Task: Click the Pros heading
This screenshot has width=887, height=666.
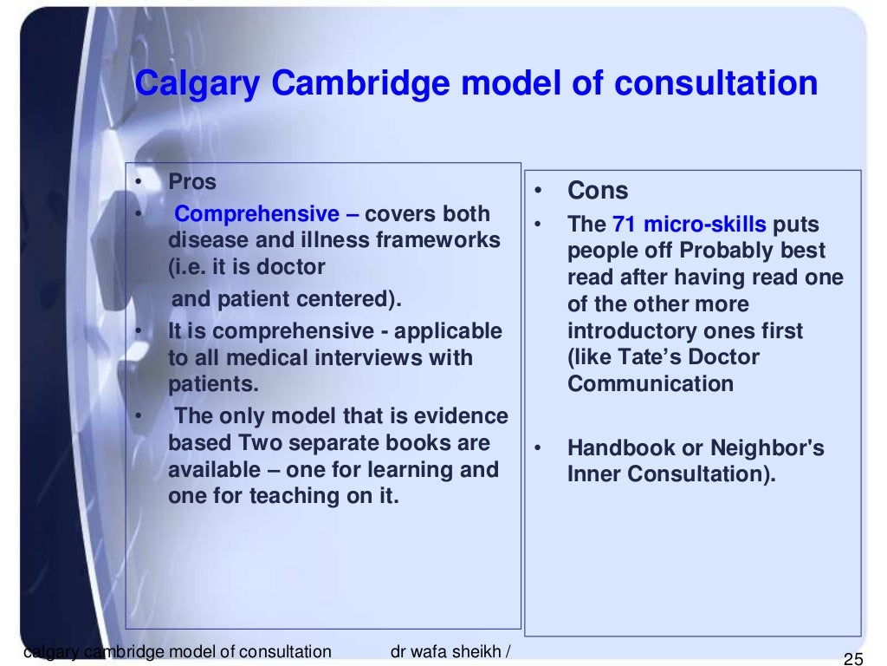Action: (x=192, y=183)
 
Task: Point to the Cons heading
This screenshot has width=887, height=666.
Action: (x=599, y=191)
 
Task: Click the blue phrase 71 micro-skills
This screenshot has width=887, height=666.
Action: (x=690, y=225)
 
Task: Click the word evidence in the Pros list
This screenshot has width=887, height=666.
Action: (x=463, y=416)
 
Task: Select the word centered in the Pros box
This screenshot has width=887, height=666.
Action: (x=356, y=300)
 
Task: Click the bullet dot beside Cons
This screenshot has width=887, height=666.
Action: (x=538, y=191)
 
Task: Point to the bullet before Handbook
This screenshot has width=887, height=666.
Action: (x=537, y=449)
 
